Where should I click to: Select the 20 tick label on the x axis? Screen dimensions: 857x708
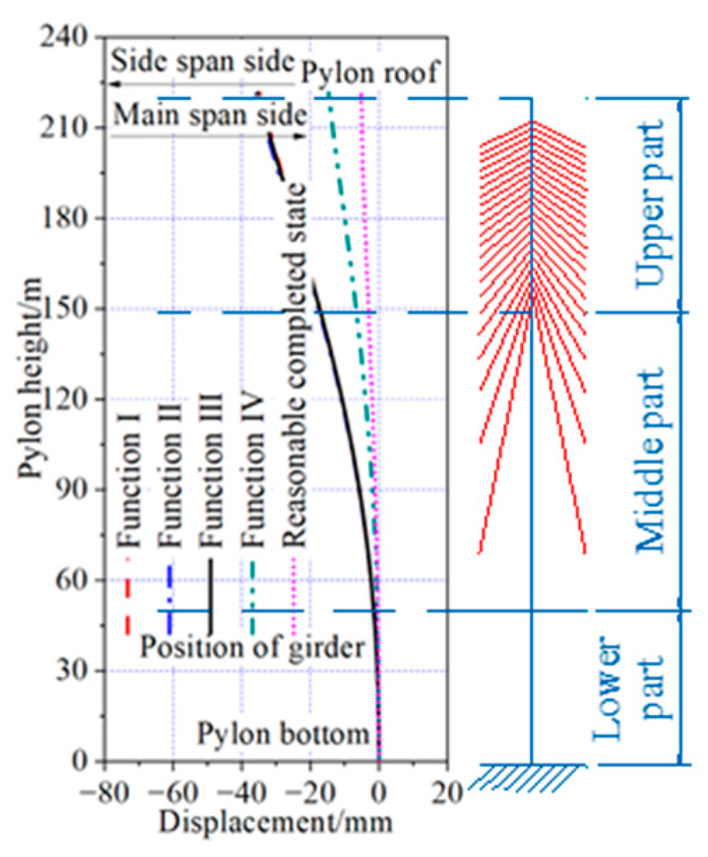448,795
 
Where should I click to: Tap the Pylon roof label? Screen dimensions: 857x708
370,72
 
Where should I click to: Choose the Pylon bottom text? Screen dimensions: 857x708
283,735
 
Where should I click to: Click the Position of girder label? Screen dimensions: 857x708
253,647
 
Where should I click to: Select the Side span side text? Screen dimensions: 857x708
203,61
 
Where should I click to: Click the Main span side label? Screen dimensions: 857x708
209,115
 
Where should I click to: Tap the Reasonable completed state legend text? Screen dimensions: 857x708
295,363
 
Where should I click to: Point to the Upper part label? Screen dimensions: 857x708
650,205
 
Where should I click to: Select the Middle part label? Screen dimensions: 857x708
650,461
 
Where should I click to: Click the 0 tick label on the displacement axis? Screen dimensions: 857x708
379,795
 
